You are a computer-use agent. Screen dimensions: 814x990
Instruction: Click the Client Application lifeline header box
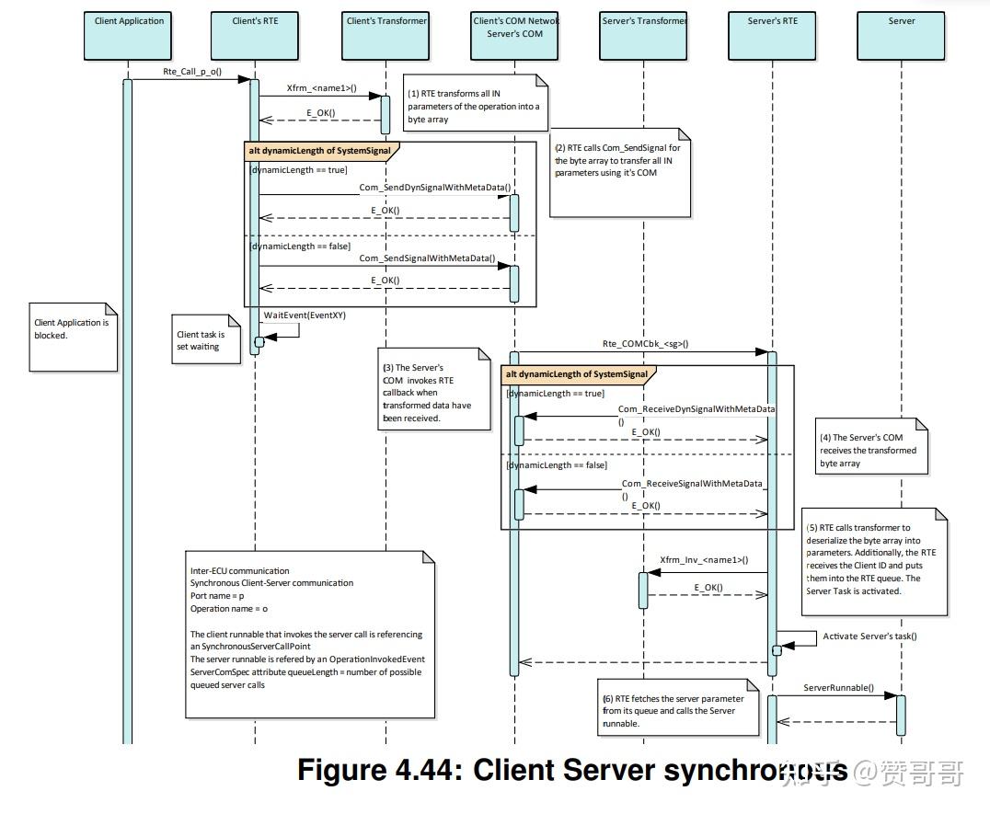129,32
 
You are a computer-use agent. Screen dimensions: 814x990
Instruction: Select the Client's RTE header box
257,32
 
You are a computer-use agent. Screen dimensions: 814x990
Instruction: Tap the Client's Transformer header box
386,32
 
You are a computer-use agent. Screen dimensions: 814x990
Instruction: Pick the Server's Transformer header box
644,32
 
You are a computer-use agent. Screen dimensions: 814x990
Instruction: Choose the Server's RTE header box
773,32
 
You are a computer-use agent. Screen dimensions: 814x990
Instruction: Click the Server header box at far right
902,32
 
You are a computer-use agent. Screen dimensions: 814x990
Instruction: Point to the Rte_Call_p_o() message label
191,72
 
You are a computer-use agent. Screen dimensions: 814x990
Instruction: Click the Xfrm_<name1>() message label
321,88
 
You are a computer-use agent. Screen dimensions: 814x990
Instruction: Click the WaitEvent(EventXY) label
305,315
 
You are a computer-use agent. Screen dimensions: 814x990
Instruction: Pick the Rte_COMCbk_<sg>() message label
645,344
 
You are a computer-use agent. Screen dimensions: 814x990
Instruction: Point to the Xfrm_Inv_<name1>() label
704,559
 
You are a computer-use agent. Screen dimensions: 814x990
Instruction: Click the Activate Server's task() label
869,636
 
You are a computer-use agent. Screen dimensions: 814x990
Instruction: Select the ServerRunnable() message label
838,688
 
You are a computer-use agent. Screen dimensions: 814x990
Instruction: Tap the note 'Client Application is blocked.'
74,337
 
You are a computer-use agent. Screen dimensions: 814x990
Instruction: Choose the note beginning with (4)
870,451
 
